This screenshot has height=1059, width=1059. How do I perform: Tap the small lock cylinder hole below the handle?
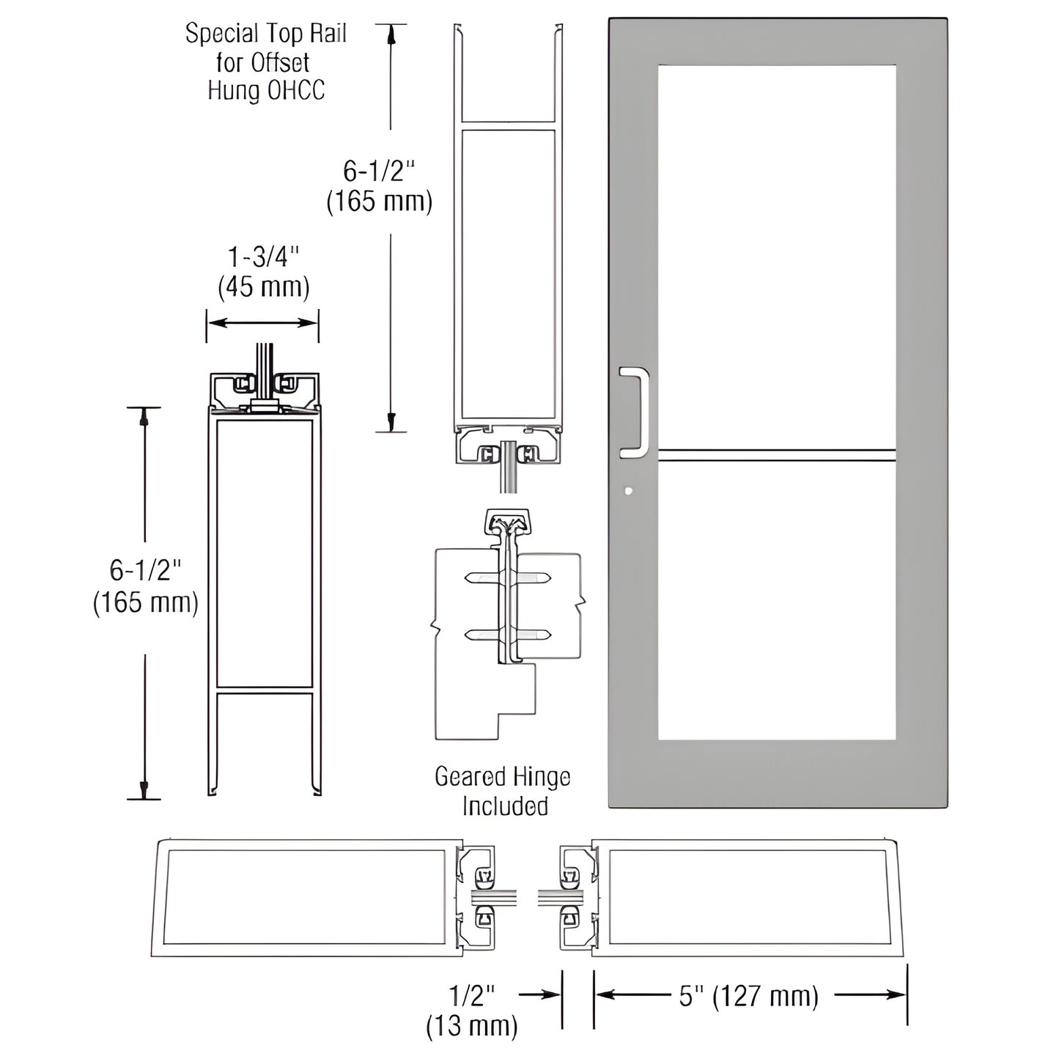(628, 491)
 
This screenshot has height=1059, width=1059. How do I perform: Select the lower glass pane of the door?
(777, 601)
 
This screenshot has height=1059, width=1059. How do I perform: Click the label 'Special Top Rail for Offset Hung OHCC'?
(265, 62)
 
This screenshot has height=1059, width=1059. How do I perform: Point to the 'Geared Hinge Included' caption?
(503, 791)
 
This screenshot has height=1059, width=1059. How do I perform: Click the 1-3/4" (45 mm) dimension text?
(263, 273)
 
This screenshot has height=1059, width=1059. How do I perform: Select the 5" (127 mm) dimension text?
(748, 996)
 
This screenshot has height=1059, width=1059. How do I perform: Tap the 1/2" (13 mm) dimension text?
(472, 1010)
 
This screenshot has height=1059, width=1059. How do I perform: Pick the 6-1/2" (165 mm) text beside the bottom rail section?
(146, 586)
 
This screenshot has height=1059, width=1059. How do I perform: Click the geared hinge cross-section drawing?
(506, 623)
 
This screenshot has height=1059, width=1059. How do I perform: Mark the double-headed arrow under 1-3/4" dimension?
(262, 322)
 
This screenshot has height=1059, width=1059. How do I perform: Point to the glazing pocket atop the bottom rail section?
(264, 388)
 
